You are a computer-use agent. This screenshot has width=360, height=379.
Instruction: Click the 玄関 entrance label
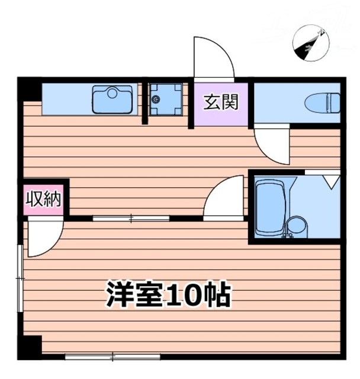[221, 102]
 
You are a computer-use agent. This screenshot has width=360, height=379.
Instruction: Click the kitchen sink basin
[112, 99]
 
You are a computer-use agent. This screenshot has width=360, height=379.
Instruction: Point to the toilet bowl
[323, 104]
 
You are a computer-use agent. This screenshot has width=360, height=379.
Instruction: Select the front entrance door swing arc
[212, 59]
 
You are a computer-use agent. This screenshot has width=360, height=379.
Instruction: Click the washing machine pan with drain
[163, 99]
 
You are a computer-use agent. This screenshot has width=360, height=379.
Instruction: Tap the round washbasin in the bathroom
[295, 227]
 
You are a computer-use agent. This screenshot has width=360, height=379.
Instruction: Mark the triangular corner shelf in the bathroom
[330, 178]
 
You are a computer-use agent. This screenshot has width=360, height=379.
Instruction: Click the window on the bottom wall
[112, 356]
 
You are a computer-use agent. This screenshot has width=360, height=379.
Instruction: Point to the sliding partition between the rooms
[131, 219]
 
